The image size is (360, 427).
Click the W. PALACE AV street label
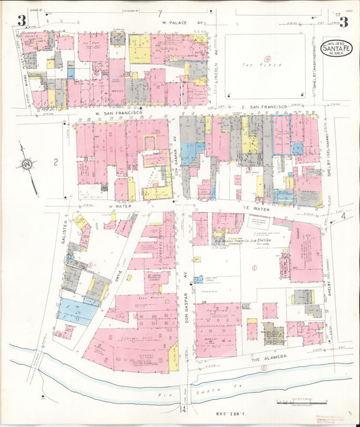tap(183, 22)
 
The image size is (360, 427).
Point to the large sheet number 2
tap(57, 160)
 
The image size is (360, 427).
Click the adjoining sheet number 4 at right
tap(342, 216)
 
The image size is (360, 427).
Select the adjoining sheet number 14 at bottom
tap(181, 409)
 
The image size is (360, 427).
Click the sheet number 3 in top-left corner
tap(22, 20)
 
